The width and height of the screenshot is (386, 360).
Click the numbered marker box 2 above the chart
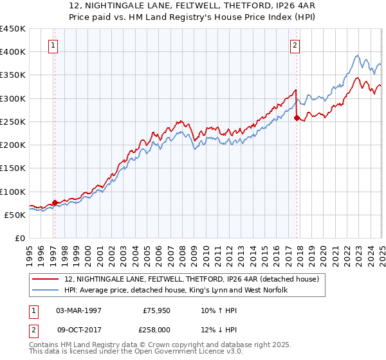point(294,45)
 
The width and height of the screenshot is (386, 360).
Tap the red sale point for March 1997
point(55,203)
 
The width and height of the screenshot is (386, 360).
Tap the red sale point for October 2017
point(297,118)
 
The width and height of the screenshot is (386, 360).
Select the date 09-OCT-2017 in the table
point(78,330)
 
